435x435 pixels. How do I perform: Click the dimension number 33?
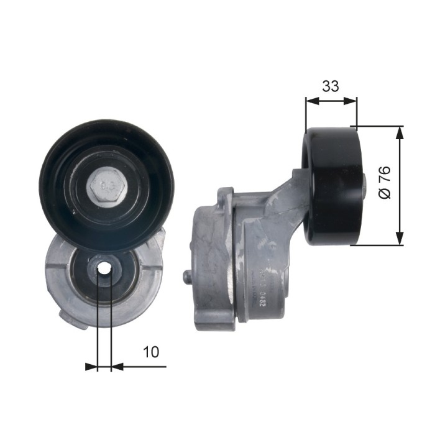(331, 86)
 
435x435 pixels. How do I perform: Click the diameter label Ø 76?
(385, 182)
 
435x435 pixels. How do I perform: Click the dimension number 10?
(151, 352)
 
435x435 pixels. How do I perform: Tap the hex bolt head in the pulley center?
(107, 186)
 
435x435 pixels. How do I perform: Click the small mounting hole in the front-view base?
(104, 268)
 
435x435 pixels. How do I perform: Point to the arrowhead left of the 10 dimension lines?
(92, 367)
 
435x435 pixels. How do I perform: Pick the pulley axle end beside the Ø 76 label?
(365, 184)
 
